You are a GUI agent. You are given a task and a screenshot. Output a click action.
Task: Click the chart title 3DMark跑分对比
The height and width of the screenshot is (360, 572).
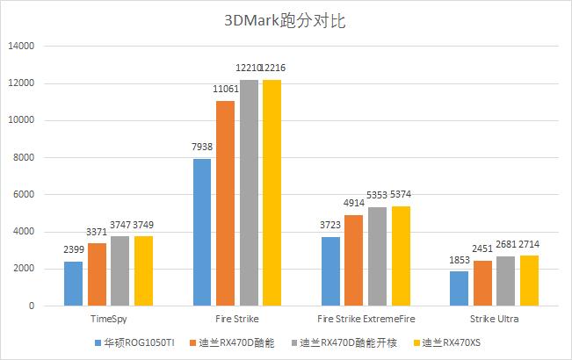286,20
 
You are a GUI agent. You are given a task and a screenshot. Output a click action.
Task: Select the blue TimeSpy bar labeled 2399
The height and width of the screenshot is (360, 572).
74,283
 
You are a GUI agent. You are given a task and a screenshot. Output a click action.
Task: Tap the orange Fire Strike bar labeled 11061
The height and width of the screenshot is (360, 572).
226,203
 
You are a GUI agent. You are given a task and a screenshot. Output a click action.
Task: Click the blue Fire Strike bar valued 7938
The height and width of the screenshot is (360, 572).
202,232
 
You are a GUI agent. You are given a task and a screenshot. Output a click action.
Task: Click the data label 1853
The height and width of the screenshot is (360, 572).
457,262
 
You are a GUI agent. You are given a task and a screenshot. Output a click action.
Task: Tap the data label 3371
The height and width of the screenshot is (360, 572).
98,233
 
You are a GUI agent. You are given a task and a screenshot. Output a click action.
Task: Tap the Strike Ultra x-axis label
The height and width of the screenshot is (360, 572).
493,319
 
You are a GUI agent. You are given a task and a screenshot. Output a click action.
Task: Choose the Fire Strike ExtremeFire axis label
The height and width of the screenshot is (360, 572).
366,319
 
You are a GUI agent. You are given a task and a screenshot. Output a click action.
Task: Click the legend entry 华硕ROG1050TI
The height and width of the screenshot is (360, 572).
139,342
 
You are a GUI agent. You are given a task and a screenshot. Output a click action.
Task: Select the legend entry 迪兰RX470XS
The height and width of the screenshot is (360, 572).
450,342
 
